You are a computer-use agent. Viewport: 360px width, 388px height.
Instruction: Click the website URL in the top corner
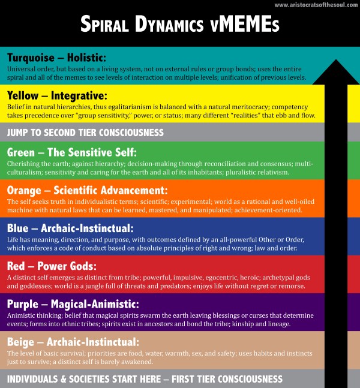tap(316, 5)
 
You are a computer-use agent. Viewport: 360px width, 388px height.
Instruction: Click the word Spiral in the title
tap(104, 24)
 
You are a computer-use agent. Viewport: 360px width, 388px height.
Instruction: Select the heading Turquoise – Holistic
tap(56, 58)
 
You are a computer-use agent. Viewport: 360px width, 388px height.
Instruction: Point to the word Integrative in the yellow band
tap(79, 96)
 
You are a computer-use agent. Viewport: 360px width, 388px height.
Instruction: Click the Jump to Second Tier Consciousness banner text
tap(85, 133)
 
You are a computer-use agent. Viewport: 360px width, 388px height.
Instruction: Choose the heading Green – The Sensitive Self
tap(72, 152)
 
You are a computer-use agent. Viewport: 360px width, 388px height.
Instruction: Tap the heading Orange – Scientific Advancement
tap(88, 191)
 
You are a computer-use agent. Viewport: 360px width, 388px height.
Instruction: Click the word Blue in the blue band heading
tap(17, 228)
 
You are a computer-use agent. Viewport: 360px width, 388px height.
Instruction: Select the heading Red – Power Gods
tap(52, 266)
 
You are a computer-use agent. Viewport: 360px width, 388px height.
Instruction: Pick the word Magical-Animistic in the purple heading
tap(95, 304)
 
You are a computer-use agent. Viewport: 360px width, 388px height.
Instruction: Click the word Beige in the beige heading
tap(20, 342)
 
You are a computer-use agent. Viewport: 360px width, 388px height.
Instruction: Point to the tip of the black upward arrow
tap(336, 59)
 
